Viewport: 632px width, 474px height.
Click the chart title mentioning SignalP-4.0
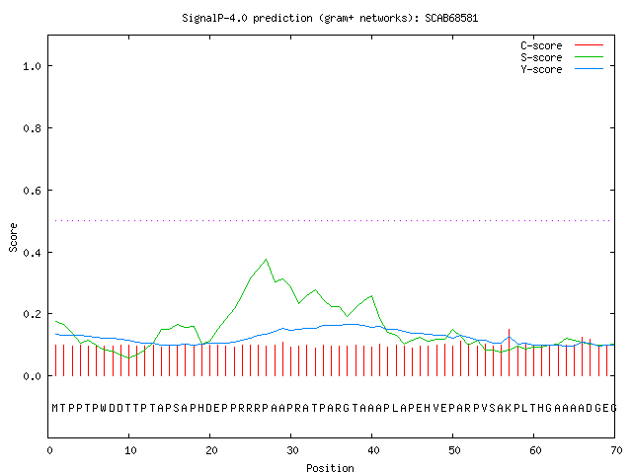330,18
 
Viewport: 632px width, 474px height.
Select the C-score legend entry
562,45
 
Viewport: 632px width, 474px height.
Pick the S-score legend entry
562,57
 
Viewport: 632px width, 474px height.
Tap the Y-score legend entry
562,69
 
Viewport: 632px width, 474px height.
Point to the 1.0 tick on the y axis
32,66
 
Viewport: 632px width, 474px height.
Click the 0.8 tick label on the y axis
32,128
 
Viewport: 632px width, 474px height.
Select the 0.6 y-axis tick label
32,191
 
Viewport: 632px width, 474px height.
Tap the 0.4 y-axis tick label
32,253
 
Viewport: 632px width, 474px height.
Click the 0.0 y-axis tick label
32,376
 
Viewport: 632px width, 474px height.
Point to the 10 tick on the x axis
130,450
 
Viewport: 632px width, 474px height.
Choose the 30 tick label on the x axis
292,450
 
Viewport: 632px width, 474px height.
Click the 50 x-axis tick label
454,450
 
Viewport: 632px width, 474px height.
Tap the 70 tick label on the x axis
616,450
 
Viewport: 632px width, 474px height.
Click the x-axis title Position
330,468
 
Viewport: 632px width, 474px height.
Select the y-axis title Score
13,237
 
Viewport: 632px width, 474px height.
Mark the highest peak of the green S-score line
266,259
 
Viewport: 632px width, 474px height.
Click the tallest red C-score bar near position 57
510,353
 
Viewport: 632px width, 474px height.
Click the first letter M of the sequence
55,408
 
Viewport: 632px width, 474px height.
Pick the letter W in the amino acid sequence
104,408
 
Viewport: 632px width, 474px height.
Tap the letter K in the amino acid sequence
508,408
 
